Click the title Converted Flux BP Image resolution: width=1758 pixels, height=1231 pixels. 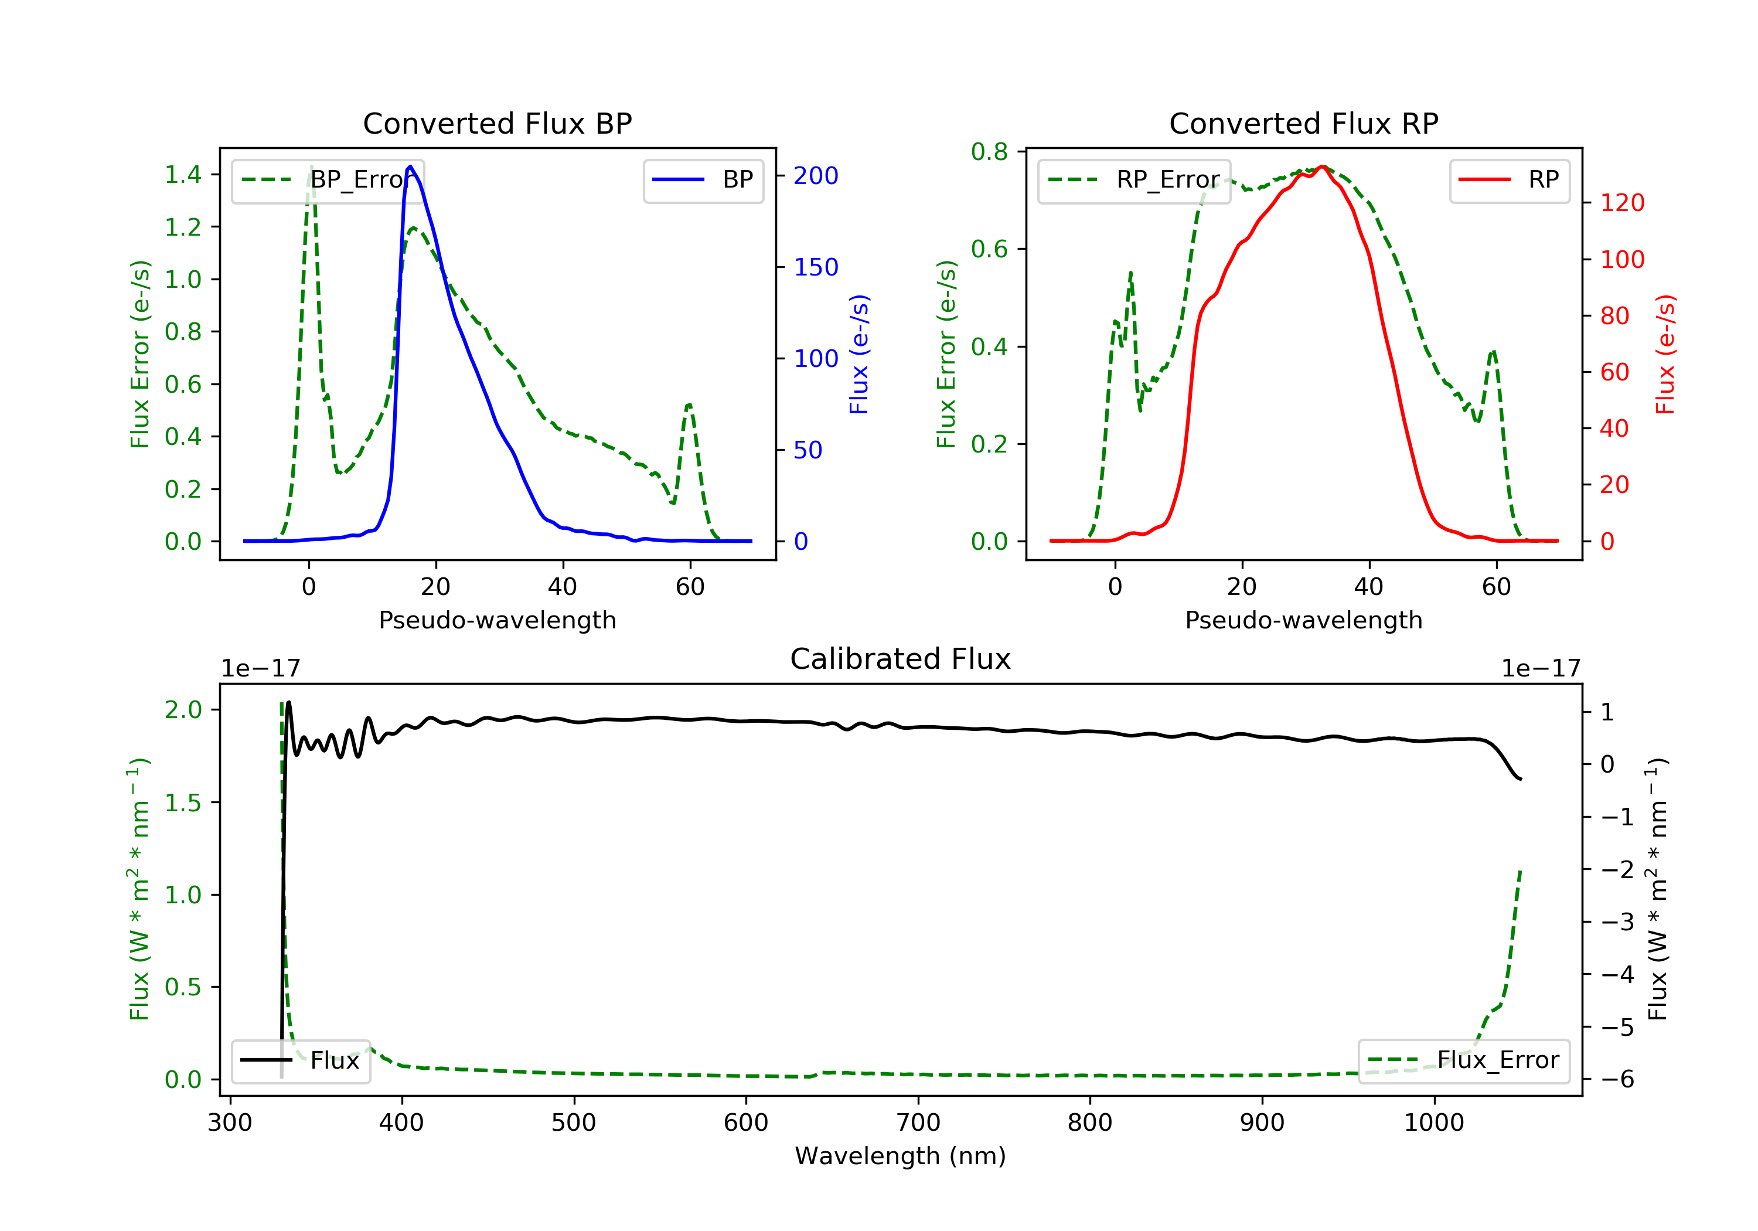[497, 123]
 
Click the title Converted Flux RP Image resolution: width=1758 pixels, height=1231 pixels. [1303, 123]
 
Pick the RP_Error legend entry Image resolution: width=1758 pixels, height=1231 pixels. [1134, 180]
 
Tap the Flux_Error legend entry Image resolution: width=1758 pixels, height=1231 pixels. [1464, 1060]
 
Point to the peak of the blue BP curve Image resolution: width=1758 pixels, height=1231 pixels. [410, 166]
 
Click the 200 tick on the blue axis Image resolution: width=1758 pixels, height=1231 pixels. [816, 176]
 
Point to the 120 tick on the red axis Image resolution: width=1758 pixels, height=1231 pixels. [1621, 203]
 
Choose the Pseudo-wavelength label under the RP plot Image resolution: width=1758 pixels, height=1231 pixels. [1303, 620]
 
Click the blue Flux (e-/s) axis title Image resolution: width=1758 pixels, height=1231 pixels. [859, 354]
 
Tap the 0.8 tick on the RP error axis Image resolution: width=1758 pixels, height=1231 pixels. [989, 152]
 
